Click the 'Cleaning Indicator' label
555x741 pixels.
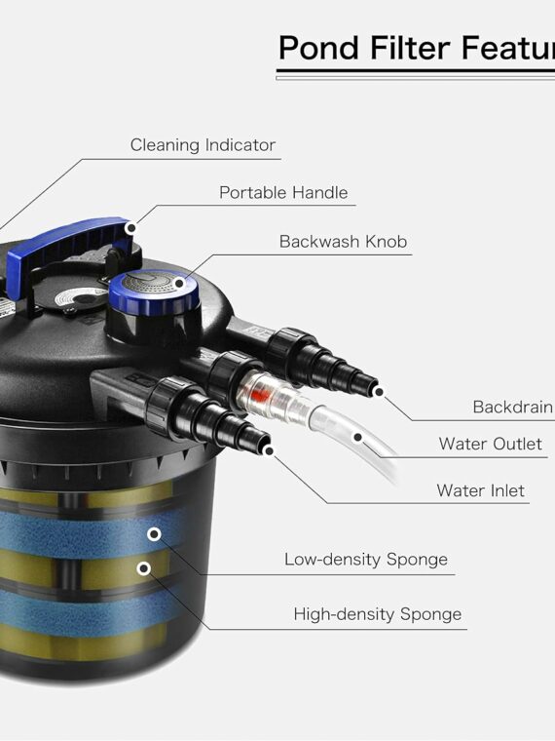(203, 145)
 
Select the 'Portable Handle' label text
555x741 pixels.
(282, 193)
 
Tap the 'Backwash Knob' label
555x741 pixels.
(343, 241)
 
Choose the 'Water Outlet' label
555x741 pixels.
(490, 444)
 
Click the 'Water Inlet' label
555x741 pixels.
(480, 490)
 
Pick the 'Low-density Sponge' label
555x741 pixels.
(365, 559)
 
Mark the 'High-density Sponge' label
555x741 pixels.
(377, 614)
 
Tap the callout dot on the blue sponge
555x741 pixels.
(154, 533)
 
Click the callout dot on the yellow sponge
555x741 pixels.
(144, 566)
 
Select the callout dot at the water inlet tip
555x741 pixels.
(270, 450)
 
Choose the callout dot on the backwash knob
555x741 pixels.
(176, 283)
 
